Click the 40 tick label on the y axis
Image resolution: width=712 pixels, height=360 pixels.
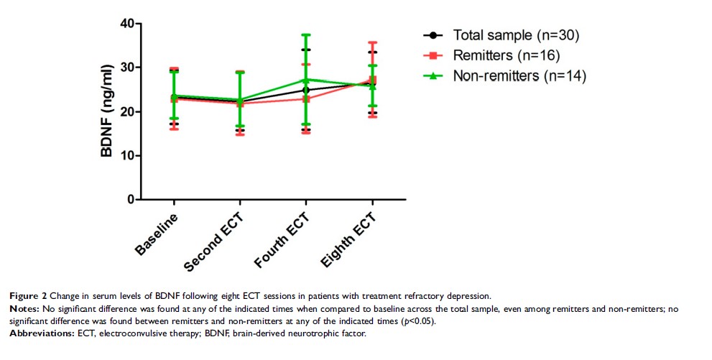click(x=126, y=24)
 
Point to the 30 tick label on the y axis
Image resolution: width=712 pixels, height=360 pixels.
click(x=126, y=68)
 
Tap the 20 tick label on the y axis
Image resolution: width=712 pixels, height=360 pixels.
click(x=126, y=112)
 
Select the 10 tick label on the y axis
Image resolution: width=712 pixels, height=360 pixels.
click(x=126, y=156)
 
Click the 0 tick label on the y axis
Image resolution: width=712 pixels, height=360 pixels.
click(x=130, y=200)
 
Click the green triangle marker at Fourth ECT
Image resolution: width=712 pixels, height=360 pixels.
click(x=306, y=80)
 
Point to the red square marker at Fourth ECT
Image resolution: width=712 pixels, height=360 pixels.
click(x=306, y=98)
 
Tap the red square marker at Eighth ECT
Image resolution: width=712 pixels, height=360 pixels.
click(x=371, y=80)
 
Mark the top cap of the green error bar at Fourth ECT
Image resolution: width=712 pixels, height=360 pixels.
click(x=306, y=34)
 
